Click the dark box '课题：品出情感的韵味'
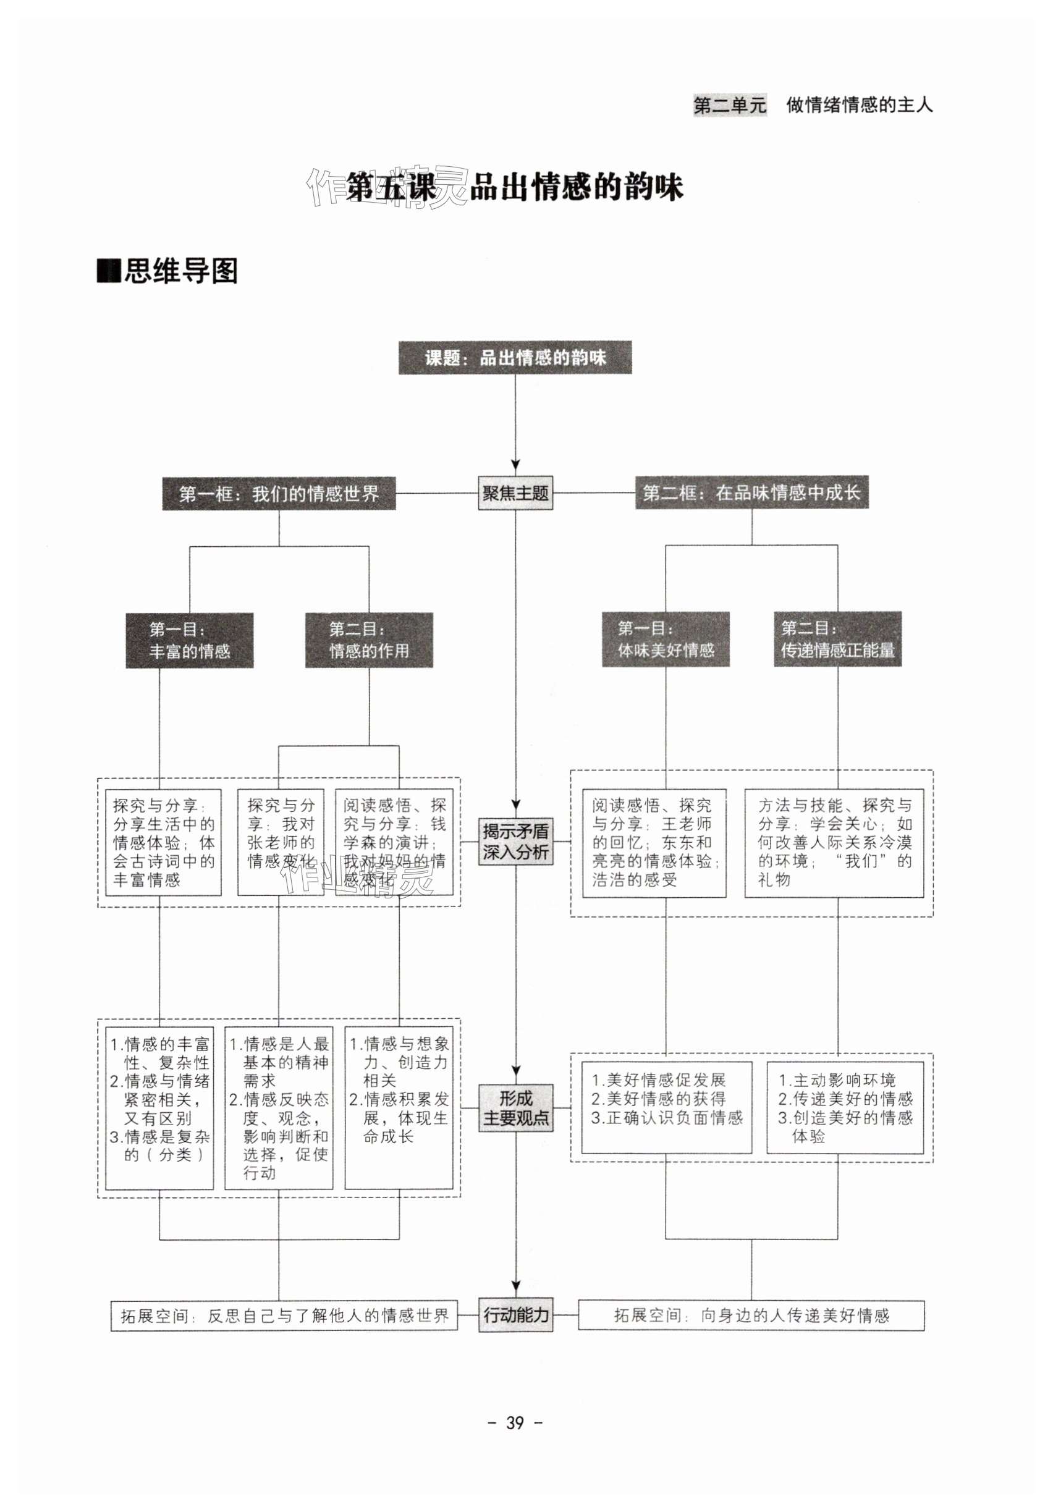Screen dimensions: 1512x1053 514,358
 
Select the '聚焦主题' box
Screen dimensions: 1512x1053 515,493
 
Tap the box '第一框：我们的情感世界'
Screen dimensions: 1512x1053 279,494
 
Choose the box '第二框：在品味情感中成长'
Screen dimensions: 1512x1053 751,492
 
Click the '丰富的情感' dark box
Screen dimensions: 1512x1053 190,640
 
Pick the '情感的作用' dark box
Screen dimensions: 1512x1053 369,640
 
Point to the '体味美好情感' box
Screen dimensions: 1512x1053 665,640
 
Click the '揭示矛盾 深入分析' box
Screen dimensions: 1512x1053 515,842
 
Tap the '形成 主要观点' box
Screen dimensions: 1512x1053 515,1108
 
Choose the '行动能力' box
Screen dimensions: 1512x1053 515,1315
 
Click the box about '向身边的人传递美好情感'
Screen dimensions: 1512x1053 751,1316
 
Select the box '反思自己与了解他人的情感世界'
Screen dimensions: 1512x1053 284,1316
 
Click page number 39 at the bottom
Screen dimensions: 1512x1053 514,1423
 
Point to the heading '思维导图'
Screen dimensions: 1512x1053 168,271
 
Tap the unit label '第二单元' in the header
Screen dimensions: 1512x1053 730,104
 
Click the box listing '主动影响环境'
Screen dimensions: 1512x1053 845,1108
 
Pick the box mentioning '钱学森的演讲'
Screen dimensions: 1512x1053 394,842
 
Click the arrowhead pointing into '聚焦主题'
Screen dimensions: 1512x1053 515,465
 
